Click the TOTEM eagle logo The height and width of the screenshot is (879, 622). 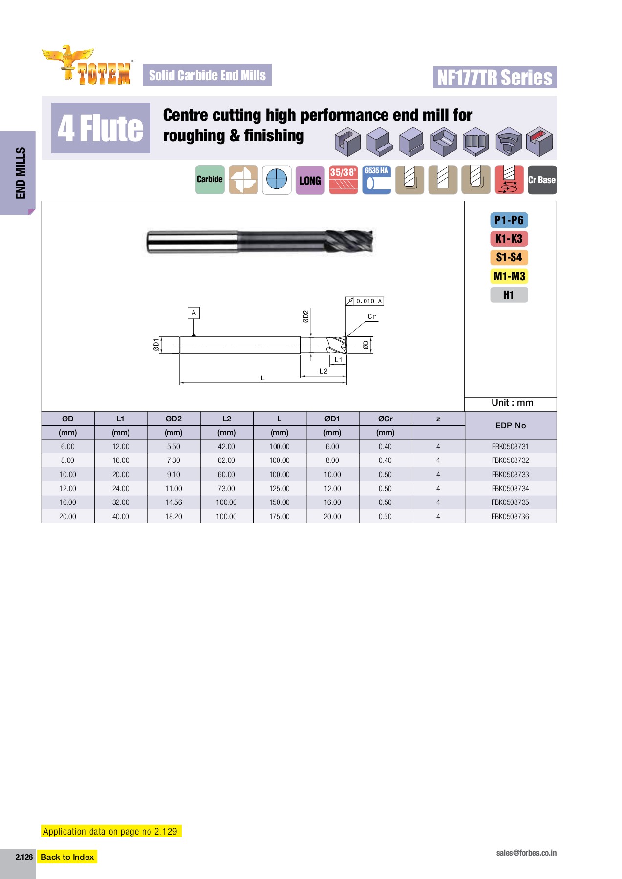tap(87, 66)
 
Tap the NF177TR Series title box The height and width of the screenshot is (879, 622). tap(494, 78)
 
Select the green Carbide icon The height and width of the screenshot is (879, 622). tap(210, 180)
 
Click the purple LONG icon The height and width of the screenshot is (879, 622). tap(310, 180)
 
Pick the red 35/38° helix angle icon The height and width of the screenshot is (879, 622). tap(343, 180)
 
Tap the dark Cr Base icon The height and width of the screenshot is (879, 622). tap(542, 180)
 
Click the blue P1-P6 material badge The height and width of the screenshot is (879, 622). tap(509, 220)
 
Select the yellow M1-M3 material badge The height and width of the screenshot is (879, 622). tap(509, 276)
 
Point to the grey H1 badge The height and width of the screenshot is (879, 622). tap(509, 295)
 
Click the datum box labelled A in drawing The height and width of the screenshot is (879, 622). tap(193, 313)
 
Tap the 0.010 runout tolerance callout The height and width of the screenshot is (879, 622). tap(365, 301)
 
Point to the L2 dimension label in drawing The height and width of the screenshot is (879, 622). tap(323, 371)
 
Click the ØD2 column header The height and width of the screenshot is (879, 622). tap(173, 419)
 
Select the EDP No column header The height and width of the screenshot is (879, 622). tap(510, 425)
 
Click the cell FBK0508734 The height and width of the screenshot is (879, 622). tap(510, 488)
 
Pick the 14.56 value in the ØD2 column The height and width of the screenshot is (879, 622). tap(173, 502)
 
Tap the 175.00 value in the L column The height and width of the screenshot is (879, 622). tap(279, 517)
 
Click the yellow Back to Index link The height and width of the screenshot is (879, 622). tap(67, 857)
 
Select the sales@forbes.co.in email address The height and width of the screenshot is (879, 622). tap(526, 853)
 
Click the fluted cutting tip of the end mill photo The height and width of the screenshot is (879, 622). tap(351, 241)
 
